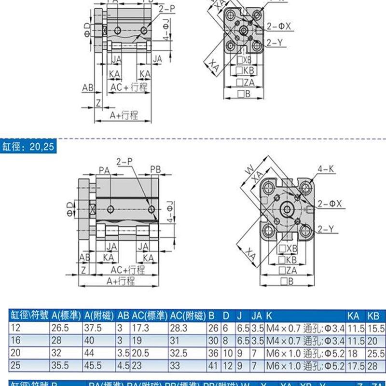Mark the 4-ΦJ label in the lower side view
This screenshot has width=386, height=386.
pyautogui.click(x=168, y=211)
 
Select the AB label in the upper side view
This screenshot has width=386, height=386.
pyautogui.click(x=87, y=88)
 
